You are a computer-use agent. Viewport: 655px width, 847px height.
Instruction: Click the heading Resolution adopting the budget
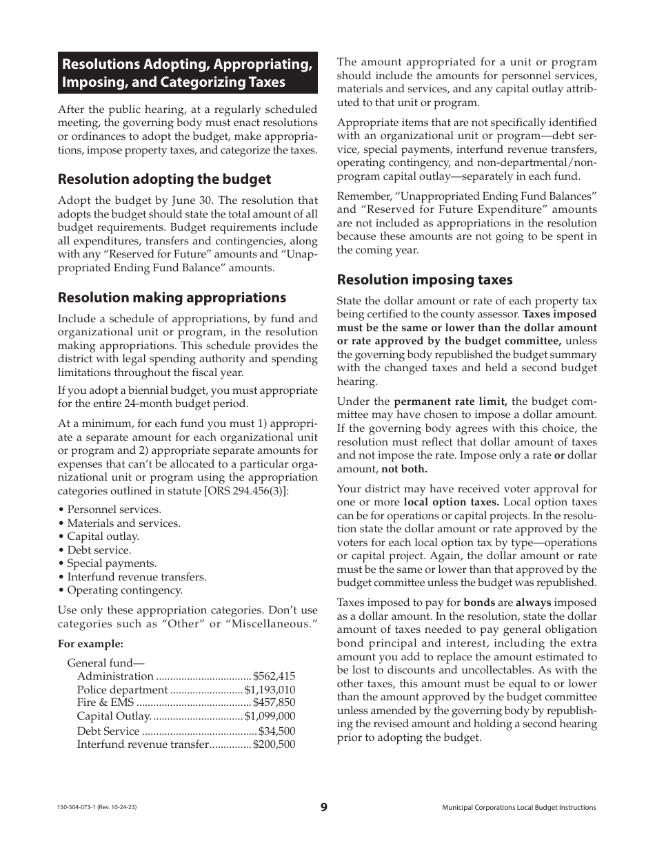164,179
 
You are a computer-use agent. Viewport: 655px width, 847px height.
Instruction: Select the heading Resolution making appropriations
172,297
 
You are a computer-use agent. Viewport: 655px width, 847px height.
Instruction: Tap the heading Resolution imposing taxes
425,280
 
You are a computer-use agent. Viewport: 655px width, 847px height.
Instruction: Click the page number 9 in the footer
324,808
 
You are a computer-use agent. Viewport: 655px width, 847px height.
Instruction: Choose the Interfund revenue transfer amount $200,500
274,744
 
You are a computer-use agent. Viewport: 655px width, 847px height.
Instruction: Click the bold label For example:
90,644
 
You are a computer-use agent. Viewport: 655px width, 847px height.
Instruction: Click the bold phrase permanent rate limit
451,401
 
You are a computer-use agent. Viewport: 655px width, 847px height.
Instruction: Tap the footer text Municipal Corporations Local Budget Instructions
518,808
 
